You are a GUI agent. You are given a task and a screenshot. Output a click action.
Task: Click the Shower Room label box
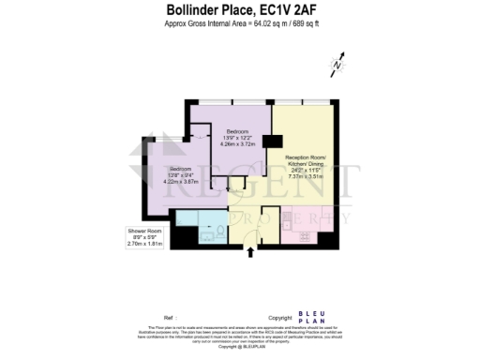145,237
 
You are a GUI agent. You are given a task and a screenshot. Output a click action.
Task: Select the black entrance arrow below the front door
248,250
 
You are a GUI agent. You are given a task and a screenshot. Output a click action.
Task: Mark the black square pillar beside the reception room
272,142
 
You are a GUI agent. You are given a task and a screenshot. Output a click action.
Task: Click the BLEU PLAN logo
311,317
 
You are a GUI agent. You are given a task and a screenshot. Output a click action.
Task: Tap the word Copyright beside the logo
279,318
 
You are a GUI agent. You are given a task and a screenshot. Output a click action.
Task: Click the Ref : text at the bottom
169,318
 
